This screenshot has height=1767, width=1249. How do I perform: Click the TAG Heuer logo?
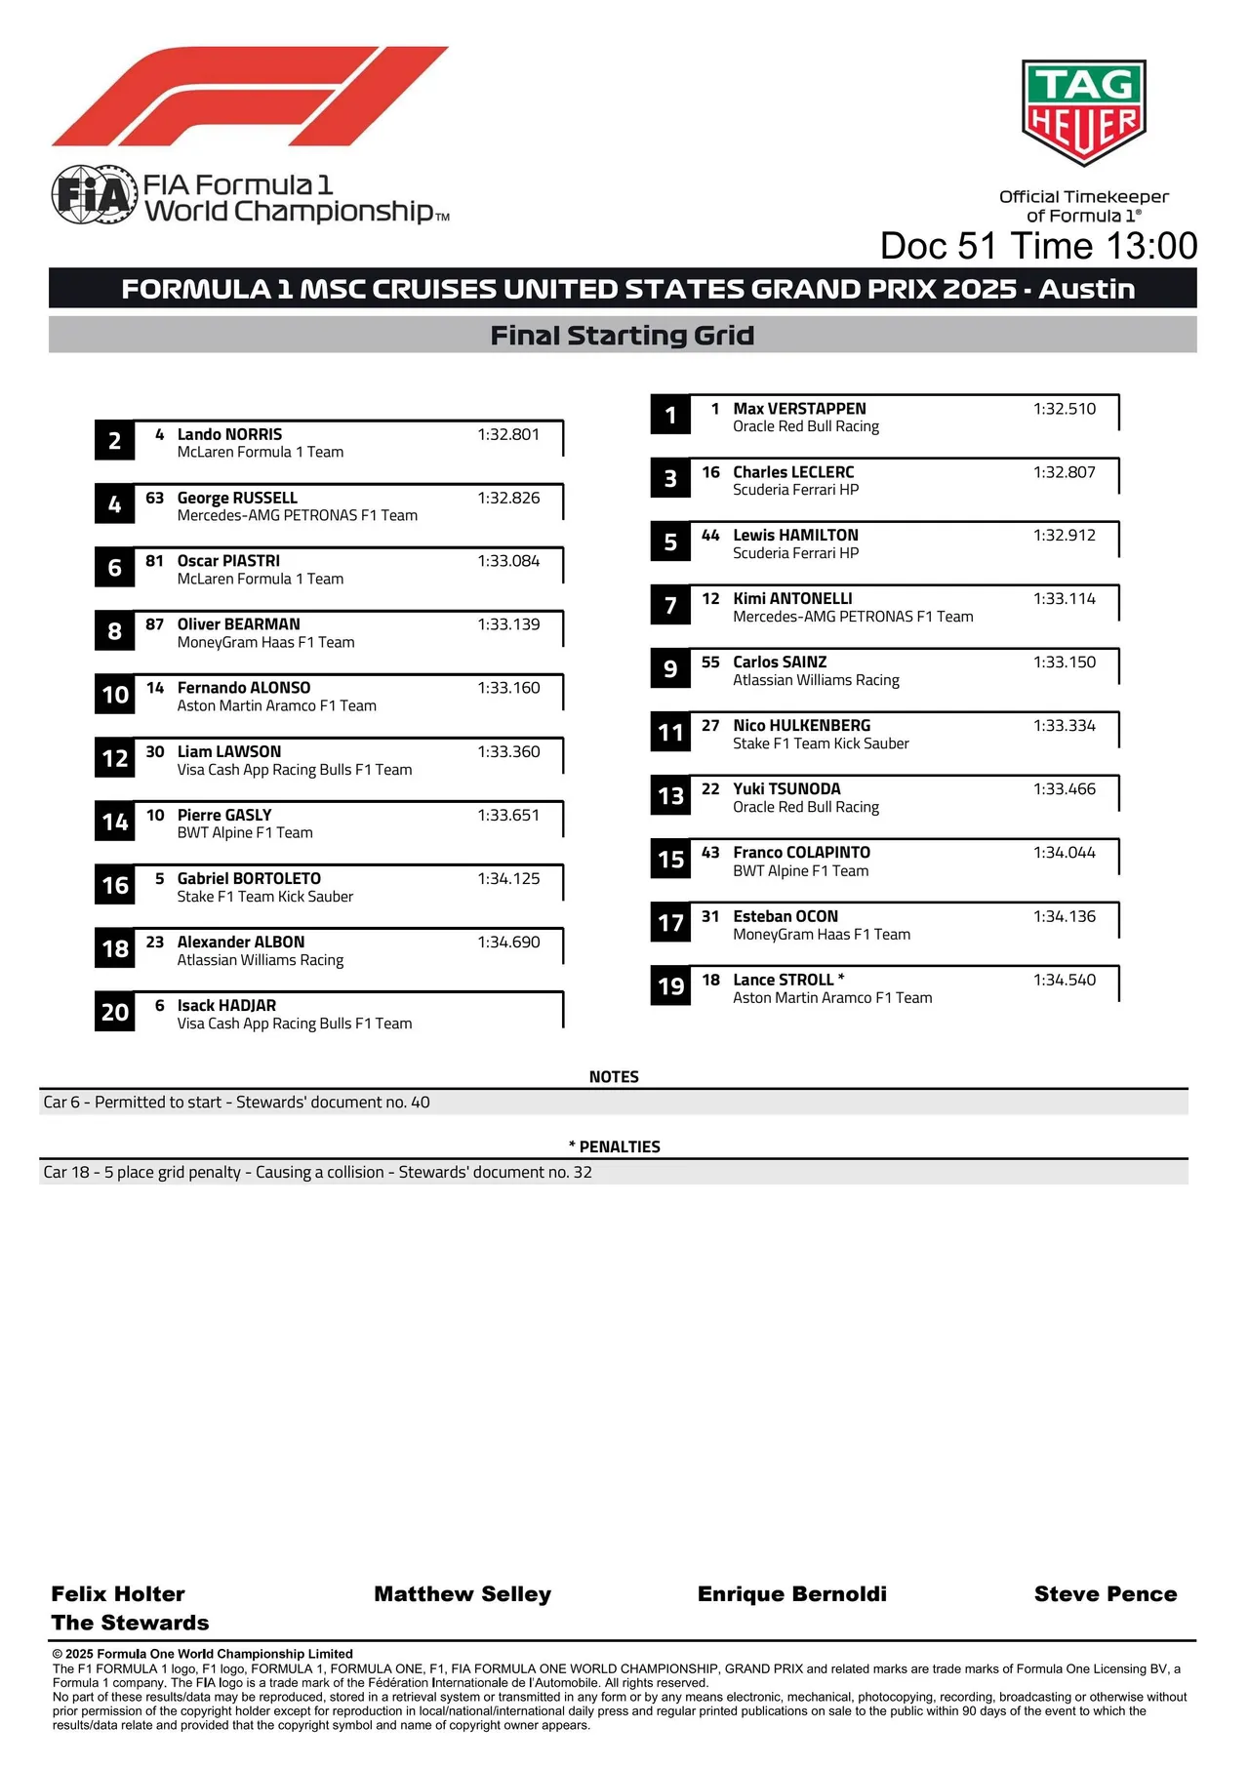pyautogui.click(x=1083, y=111)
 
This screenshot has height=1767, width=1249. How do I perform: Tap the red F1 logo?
pyautogui.click(x=250, y=97)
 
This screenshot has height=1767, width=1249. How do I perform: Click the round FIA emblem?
pyautogui.click(x=93, y=195)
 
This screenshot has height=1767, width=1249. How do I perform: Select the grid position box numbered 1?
pyautogui.click(x=670, y=415)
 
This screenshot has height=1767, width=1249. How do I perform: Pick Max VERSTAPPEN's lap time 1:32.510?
pyautogui.click(x=1064, y=409)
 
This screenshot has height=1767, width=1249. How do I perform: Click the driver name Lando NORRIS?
pyautogui.click(x=229, y=434)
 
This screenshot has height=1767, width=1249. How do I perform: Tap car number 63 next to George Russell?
pyautogui.click(x=154, y=498)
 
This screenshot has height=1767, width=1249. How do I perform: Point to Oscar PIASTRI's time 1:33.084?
pyautogui.click(x=508, y=561)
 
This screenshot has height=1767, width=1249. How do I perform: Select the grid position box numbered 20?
pyautogui.click(x=115, y=1012)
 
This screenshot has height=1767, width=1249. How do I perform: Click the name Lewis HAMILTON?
pyautogui.click(x=795, y=535)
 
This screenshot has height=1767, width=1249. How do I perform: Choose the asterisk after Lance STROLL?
pyautogui.click(x=841, y=978)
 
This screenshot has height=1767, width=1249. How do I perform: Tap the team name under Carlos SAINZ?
pyautogui.click(x=816, y=680)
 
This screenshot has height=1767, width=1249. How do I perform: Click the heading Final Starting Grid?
pyautogui.click(x=622, y=336)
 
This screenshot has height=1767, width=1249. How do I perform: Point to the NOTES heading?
pyautogui.click(x=614, y=1077)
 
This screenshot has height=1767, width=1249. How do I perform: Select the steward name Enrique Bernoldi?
pyautogui.click(x=791, y=1593)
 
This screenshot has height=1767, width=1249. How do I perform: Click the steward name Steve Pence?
pyautogui.click(x=1105, y=1593)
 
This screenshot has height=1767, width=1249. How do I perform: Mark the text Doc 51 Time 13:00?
pyautogui.click(x=1038, y=246)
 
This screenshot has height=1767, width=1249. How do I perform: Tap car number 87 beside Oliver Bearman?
pyautogui.click(x=154, y=624)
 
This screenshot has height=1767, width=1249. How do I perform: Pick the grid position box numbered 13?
pyautogui.click(x=670, y=796)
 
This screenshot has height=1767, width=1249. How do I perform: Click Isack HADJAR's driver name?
pyautogui.click(x=226, y=1005)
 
